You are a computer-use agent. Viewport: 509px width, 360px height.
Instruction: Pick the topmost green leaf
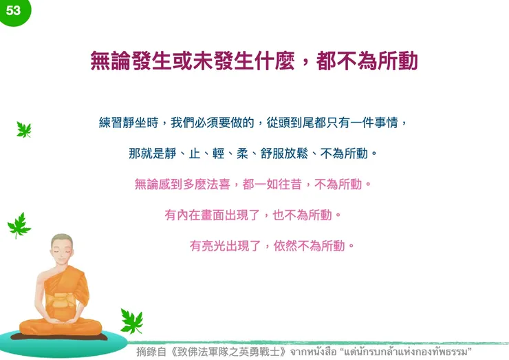[24, 129]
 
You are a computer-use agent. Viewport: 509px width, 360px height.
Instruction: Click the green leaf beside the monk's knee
[131, 321]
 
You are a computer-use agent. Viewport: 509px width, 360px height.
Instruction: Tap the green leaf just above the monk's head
[19, 224]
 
